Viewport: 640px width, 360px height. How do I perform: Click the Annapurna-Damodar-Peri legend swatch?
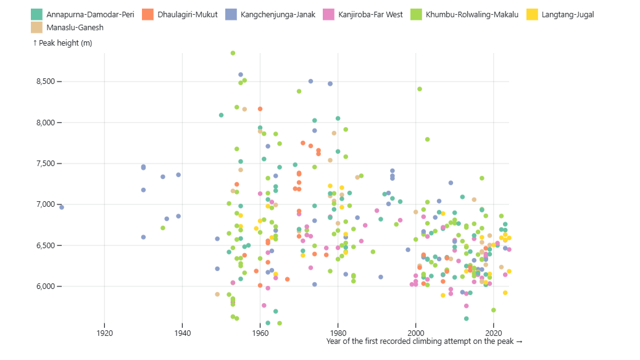tap(37, 14)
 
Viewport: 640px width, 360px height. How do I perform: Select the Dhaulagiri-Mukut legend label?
tap(187, 14)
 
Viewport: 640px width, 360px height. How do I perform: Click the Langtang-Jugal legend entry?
tap(567, 14)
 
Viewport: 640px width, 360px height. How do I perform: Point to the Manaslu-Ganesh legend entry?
tap(75, 27)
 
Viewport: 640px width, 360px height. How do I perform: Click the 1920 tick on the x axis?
tap(104, 334)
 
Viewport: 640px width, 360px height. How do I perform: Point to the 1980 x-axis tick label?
tap(338, 334)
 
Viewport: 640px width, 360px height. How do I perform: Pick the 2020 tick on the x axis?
tap(493, 334)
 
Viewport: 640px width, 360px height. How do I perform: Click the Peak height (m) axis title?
tap(62, 43)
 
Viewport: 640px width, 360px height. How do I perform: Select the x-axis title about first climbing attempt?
tap(424, 341)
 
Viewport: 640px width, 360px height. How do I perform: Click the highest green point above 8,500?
tap(233, 53)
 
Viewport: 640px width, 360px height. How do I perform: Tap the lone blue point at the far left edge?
tap(62, 207)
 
